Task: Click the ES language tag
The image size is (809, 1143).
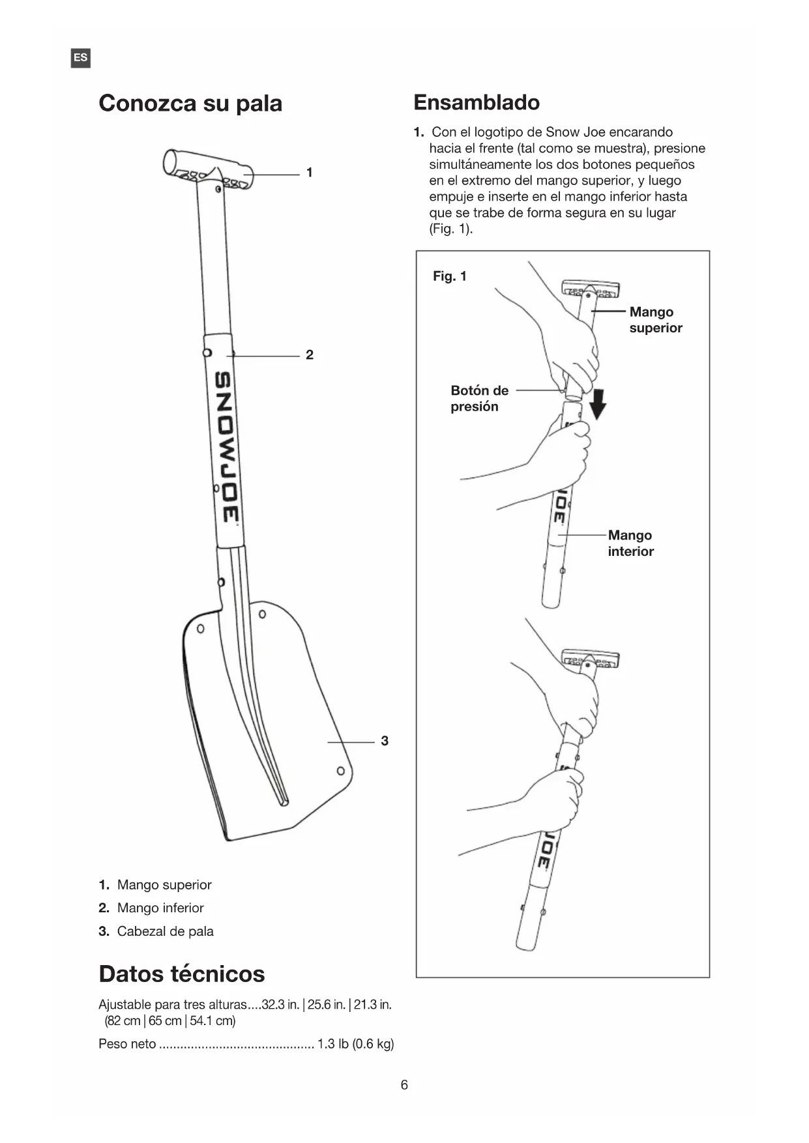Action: click(x=80, y=58)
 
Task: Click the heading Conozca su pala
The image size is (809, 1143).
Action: click(x=190, y=103)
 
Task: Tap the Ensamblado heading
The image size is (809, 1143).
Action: click(x=477, y=102)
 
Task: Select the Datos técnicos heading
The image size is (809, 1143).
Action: click(x=182, y=974)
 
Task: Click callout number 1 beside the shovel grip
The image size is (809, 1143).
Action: click(x=310, y=173)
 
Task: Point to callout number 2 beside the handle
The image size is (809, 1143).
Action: click(x=310, y=354)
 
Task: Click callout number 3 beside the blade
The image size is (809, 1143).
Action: click(x=385, y=741)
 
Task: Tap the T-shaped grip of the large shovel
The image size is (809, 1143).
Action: click(x=207, y=170)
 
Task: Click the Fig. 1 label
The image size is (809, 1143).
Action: click(x=450, y=276)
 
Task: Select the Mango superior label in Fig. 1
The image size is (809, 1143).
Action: click(x=655, y=320)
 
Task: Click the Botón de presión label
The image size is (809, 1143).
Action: click(x=479, y=398)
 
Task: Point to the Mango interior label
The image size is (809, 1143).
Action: click(x=630, y=543)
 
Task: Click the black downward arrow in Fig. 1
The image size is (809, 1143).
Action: click(x=597, y=405)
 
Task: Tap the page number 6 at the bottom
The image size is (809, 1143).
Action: click(x=404, y=1085)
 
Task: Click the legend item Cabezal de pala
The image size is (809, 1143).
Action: click(x=165, y=931)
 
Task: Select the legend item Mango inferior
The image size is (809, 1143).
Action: click(x=160, y=908)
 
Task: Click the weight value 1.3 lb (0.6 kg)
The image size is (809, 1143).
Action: click(x=355, y=1044)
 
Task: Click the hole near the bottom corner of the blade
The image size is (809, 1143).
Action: click(x=340, y=771)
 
